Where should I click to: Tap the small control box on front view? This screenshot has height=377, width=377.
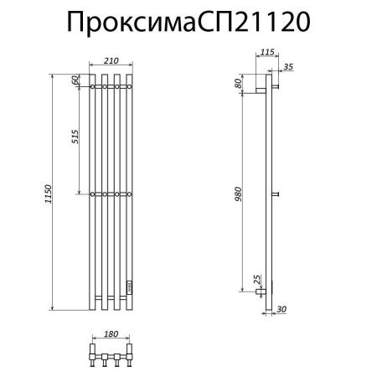tap(129, 286)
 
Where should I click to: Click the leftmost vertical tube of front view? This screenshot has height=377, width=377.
tap(91, 193)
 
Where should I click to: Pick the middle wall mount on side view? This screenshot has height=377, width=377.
tap(274, 195)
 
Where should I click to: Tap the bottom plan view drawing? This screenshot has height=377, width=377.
tap(111, 354)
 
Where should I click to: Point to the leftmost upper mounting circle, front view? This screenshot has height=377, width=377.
tap(91, 85)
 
